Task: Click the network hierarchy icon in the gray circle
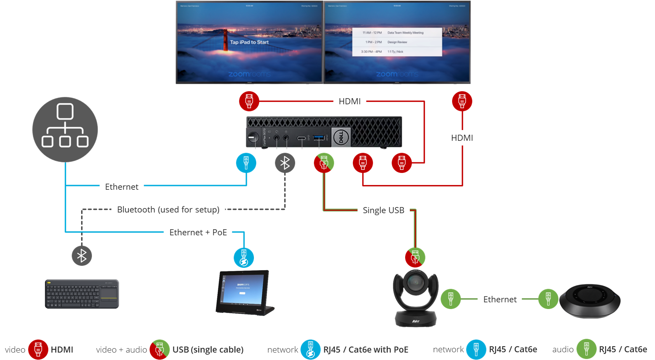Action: pyautogui.click(x=65, y=126)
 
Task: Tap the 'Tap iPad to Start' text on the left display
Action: pyautogui.click(x=249, y=42)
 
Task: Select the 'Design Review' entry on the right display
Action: pyautogui.click(x=397, y=42)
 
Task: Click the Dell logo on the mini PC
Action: pyautogui.click(x=341, y=137)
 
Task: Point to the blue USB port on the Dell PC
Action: pyautogui.click(x=319, y=137)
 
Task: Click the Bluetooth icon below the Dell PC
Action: pyautogui.click(x=285, y=163)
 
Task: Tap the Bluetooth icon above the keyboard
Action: pyautogui.click(x=82, y=256)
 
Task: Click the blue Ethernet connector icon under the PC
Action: pyautogui.click(x=246, y=162)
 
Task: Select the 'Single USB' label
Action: pyautogui.click(x=383, y=210)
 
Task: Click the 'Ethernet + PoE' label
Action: pyautogui.click(x=198, y=233)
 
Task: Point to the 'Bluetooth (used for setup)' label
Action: pyautogui.click(x=168, y=210)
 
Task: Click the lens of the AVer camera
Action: pyautogui.click(x=414, y=282)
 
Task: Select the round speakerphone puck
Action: pyautogui.click(x=589, y=301)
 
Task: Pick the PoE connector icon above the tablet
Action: pyautogui.click(x=243, y=258)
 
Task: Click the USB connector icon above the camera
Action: pyautogui.click(x=415, y=258)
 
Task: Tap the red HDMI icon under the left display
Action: pyautogui.click(x=249, y=100)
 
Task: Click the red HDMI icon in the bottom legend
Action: pyautogui.click(x=38, y=349)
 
